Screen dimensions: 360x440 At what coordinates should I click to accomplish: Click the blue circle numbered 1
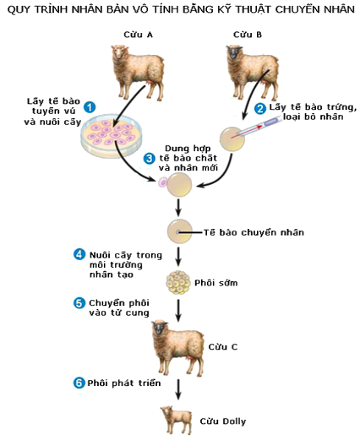(x=90, y=107)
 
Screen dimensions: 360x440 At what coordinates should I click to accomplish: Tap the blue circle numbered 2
(x=260, y=108)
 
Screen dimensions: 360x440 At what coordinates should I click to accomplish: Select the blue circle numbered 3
(x=149, y=159)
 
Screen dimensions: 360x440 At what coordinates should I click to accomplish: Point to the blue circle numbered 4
(x=79, y=254)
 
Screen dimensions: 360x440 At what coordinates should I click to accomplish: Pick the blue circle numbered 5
(x=79, y=303)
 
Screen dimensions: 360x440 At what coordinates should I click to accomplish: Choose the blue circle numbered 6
(x=79, y=383)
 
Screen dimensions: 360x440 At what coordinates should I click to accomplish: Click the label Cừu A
(x=138, y=35)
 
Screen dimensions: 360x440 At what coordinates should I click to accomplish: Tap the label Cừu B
(x=248, y=35)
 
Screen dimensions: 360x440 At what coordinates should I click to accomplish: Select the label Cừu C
(x=223, y=346)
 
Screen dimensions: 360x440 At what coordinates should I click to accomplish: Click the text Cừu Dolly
(x=223, y=421)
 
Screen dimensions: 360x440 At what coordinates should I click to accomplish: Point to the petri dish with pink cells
(x=112, y=136)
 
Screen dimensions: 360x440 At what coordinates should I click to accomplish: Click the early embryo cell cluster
(x=177, y=282)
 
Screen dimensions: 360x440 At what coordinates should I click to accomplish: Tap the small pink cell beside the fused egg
(x=163, y=182)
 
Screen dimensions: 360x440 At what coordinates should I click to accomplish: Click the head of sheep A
(x=120, y=52)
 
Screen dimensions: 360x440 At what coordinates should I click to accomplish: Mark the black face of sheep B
(x=234, y=53)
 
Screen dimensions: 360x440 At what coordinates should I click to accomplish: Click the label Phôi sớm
(x=216, y=283)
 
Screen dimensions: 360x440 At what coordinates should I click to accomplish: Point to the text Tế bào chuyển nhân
(x=254, y=232)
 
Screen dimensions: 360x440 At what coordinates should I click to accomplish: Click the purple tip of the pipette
(x=271, y=122)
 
